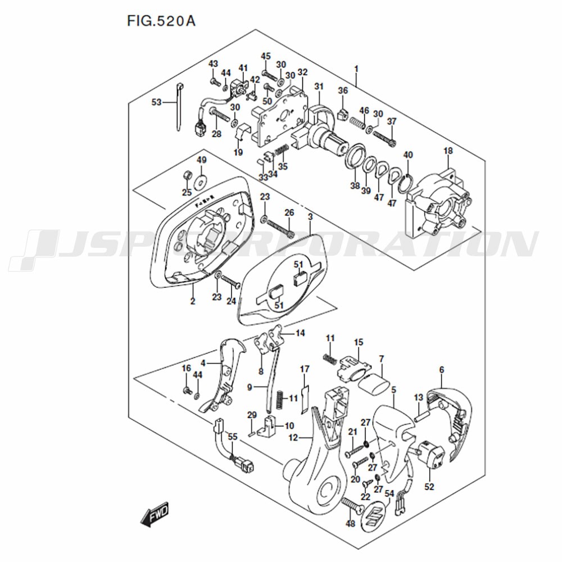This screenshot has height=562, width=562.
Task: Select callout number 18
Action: click(x=448, y=151)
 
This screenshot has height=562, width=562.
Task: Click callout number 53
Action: click(x=156, y=102)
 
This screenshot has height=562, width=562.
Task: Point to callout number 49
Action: click(x=201, y=160)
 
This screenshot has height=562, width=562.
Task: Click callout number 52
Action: click(x=429, y=487)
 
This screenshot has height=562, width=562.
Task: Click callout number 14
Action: click(x=300, y=333)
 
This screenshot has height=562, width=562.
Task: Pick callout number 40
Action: click(x=409, y=155)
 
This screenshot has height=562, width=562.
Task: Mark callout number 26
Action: click(x=289, y=212)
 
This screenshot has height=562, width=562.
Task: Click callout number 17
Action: click(x=304, y=369)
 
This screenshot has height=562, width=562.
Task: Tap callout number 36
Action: click(x=343, y=90)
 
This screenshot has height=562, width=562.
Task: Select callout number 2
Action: click(x=192, y=302)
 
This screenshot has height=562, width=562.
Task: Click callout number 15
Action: click(x=359, y=342)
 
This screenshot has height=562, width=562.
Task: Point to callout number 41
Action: click(x=243, y=68)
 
